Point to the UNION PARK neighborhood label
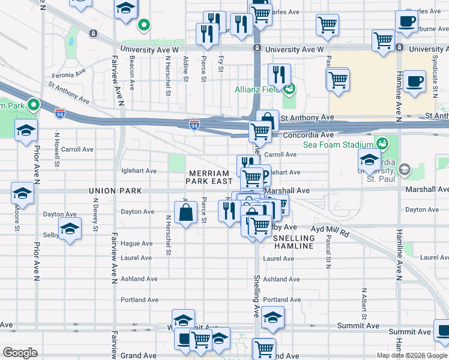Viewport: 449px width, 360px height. (115, 191)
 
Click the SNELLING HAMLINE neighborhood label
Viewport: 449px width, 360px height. (294, 242)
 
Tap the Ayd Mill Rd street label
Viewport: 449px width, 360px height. (330, 229)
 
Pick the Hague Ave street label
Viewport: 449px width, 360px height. (136, 244)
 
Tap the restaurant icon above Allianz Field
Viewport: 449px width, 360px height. (279, 75)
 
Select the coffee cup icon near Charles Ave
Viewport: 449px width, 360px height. (406, 22)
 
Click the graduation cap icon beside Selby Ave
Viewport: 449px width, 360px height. (70, 230)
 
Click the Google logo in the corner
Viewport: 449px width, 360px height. (20, 353)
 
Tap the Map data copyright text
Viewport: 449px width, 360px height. (412, 355)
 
